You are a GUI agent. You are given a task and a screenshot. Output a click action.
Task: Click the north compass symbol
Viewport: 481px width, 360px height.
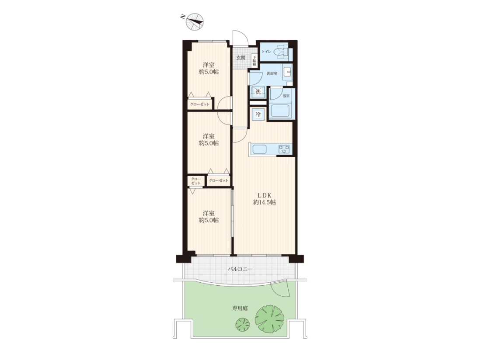point(195,22)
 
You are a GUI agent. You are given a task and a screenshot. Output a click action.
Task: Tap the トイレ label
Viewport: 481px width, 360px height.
point(266,52)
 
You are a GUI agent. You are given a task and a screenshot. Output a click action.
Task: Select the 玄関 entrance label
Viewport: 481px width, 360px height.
point(241,58)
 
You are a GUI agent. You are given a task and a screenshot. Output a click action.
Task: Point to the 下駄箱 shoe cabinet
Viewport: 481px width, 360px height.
point(254,61)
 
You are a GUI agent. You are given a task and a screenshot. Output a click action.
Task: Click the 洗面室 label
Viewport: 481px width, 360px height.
point(272,73)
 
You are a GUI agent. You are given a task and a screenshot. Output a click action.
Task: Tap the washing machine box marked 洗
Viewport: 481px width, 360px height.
point(258,92)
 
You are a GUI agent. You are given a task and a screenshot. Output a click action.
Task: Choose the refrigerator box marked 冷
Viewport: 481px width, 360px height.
point(258,114)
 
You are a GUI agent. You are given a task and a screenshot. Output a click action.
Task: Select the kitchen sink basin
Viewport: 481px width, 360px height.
point(259,149)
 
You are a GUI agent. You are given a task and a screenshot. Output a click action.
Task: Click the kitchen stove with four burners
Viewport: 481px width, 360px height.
point(284,149)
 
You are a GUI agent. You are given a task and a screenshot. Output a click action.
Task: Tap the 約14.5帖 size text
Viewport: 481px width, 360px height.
point(264,203)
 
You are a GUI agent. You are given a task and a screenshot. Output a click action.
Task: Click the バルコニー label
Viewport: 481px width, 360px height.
point(240,269)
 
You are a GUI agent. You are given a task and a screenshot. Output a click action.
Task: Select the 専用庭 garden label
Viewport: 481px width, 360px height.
point(240,308)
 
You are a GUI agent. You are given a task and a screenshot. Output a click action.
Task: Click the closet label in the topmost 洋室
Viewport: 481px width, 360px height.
point(200,104)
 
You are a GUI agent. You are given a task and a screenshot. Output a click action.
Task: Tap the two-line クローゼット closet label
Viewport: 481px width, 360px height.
point(196,181)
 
